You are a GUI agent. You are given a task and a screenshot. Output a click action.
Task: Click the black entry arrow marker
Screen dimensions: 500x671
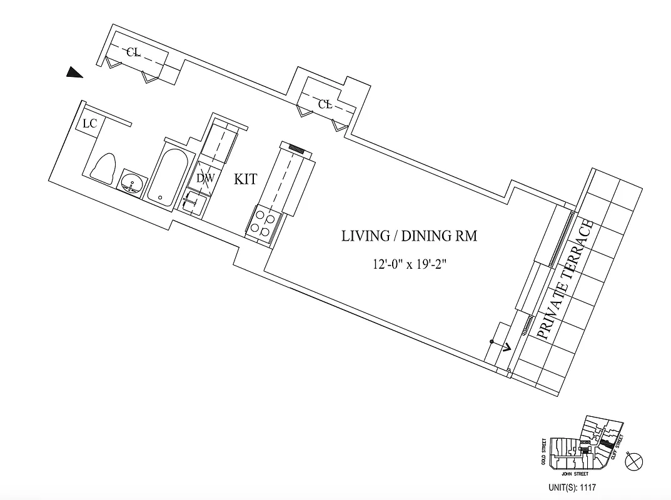click(75, 73)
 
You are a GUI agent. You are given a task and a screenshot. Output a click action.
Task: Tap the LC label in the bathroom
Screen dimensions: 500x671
click(89, 124)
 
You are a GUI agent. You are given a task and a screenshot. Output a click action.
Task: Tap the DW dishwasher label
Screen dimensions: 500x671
click(205, 178)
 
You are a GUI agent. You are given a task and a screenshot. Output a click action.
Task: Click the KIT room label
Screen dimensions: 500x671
click(246, 179)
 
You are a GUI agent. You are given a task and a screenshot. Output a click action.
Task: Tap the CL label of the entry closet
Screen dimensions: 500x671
click(133, 52)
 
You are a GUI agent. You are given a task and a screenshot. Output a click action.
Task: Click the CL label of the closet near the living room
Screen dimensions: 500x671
click(325, 104)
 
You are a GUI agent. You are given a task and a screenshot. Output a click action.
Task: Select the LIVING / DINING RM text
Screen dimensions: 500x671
click(409, 236)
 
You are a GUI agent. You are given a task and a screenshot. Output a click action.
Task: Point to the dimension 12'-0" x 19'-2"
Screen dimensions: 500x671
click(409, 264)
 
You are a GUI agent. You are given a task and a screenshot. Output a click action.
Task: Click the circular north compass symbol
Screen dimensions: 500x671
click(634, 462)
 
